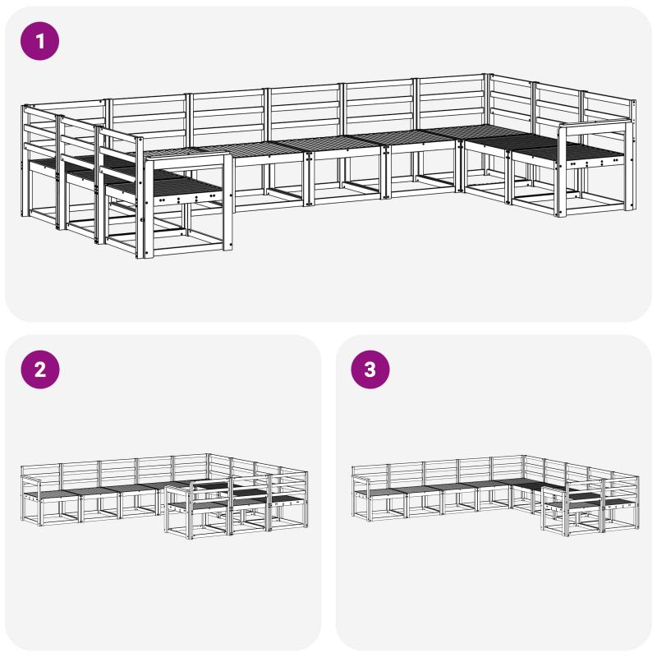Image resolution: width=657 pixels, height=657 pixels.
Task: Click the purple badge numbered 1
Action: pyautogui.click(x=39, y=41)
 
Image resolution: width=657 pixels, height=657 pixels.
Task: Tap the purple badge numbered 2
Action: pyautogui.click(x=39, y=370)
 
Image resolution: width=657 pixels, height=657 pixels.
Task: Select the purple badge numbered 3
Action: pyautogui.click(x=370, y=370)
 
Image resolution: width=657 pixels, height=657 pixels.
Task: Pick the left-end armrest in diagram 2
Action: pyautogui.click(x=30, y=480)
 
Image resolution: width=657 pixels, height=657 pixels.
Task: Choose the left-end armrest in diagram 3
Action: pyautogui.click(x=361, y=480)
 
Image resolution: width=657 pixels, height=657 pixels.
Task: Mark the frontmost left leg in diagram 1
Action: pyautogui.click(x=140, y=197)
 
